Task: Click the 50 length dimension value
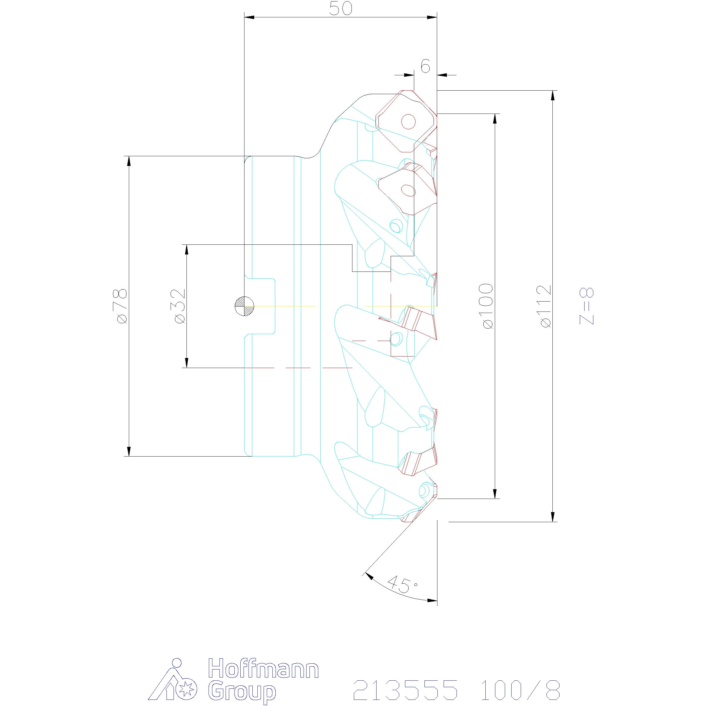coord(341,9)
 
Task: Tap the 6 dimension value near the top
coord(425,66)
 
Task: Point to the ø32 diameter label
coord(179,306)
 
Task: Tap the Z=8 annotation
coord(587,306)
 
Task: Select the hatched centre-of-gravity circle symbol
coord(244,305)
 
